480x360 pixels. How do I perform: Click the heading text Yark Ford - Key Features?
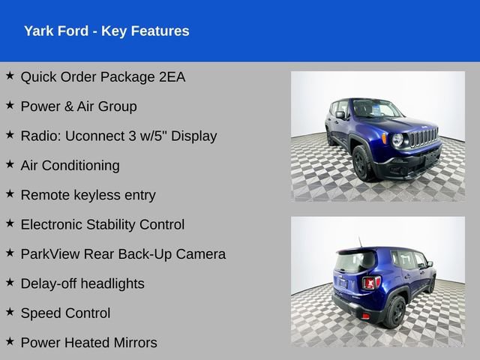pos(106,31)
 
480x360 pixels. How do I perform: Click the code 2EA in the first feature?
pos(170,76)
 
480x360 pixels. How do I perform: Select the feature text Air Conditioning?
pos(70,165)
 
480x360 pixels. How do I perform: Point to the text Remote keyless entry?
pos(88,195)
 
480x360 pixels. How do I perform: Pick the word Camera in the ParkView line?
pos(200,254)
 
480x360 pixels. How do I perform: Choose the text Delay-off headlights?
pos(82,283)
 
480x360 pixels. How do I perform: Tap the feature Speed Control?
pos(65,313)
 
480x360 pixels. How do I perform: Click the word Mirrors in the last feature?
pos(133,343)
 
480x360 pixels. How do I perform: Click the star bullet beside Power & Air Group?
pos(10,106)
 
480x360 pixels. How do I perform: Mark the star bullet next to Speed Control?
pos(10,313)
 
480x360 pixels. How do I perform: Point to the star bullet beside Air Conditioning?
pos(10,165)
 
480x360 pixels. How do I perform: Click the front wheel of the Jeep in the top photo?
pos(361,164)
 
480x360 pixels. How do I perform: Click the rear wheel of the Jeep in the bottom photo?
pos(395,311)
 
